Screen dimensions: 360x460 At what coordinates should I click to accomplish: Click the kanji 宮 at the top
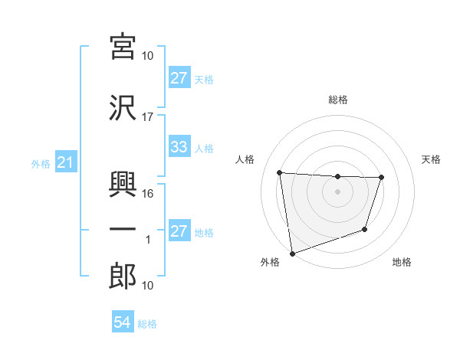pos(123,47)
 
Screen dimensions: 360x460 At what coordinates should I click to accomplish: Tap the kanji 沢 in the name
pos(123,107)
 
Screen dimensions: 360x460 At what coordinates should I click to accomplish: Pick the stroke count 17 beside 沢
pos(148,116)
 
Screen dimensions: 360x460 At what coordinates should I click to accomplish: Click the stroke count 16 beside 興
pos(148,193)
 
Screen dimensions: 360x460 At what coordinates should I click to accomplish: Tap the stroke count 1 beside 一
pos(148,240)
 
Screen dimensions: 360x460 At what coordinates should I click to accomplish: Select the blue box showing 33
pos(179,148)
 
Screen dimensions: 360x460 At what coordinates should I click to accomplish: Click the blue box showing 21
pos(65,163)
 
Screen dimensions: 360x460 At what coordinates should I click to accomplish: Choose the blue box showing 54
pos(123,323)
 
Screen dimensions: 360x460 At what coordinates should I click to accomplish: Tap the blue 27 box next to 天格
pos(179,79)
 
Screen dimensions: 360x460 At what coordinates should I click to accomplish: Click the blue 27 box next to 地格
pos(179,232)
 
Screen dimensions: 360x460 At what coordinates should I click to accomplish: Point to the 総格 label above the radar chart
pos(337,100)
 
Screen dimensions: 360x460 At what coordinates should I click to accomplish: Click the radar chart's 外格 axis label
pos(270,262)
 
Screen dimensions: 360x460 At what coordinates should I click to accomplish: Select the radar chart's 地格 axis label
pos(402,262)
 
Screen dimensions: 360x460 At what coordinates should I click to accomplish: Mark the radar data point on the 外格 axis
pos(292,253)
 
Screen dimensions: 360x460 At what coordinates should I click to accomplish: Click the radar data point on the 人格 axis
pos(280,172)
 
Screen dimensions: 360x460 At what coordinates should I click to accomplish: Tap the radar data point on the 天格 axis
pos(381,178)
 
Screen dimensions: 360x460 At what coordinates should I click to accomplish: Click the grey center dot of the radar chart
pos(337,191)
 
